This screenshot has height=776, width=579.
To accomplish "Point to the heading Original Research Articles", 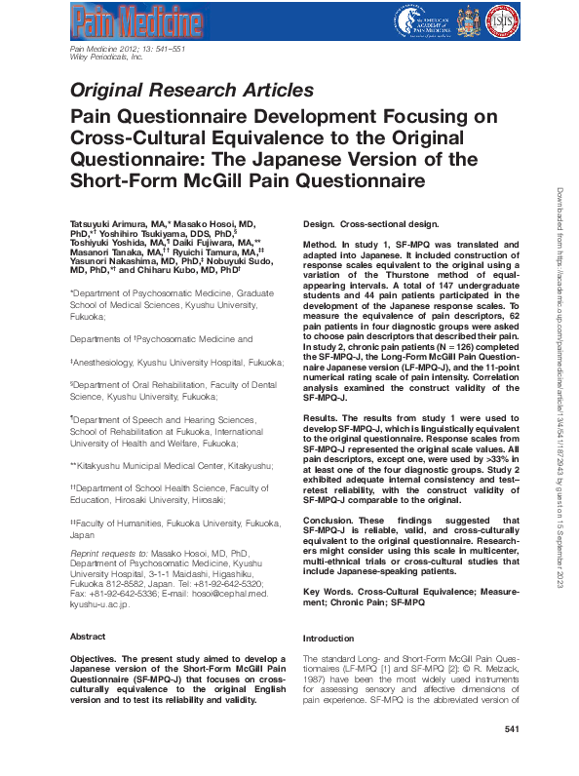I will (191, 90).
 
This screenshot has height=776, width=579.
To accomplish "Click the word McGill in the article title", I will (279, 181).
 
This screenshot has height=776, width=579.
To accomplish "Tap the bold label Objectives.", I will (98, 660).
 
